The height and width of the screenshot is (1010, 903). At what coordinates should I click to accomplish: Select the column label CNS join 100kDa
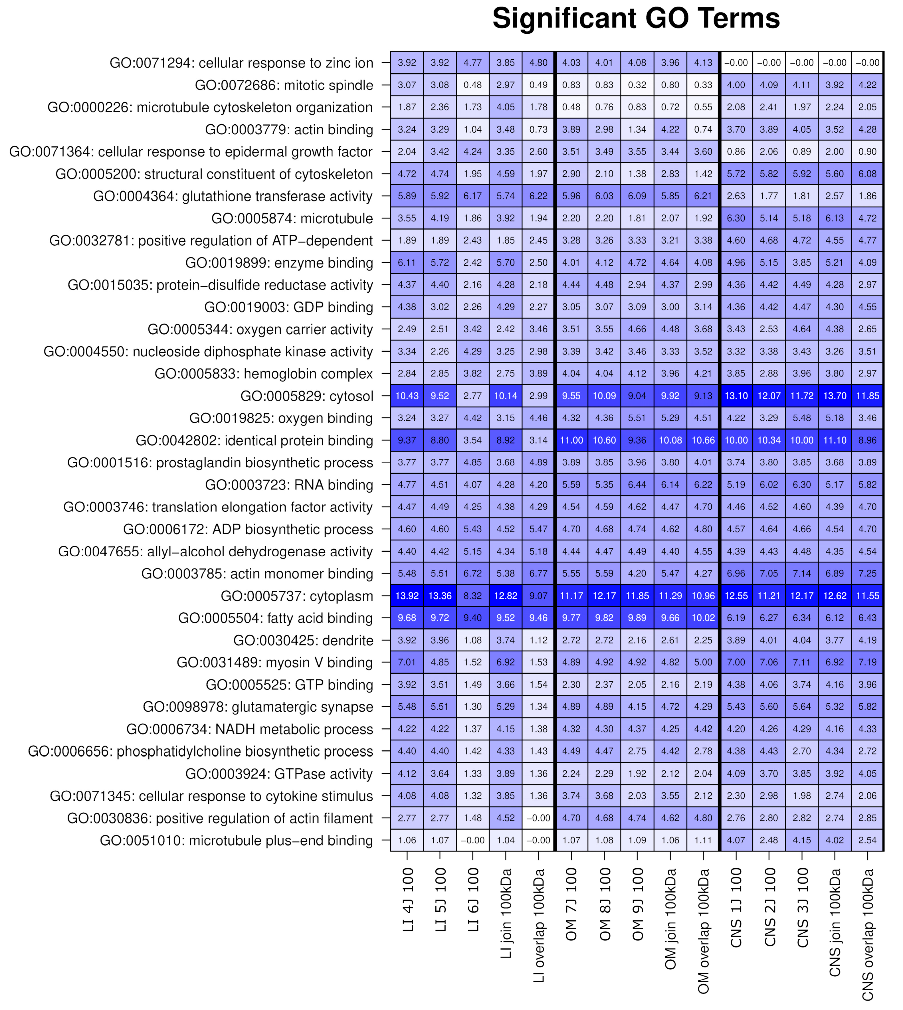coord(835,923)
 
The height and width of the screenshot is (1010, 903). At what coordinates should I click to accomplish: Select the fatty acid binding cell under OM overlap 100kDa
coord(703,618)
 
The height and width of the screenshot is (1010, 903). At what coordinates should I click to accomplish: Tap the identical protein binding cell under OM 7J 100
coord(571,440)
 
